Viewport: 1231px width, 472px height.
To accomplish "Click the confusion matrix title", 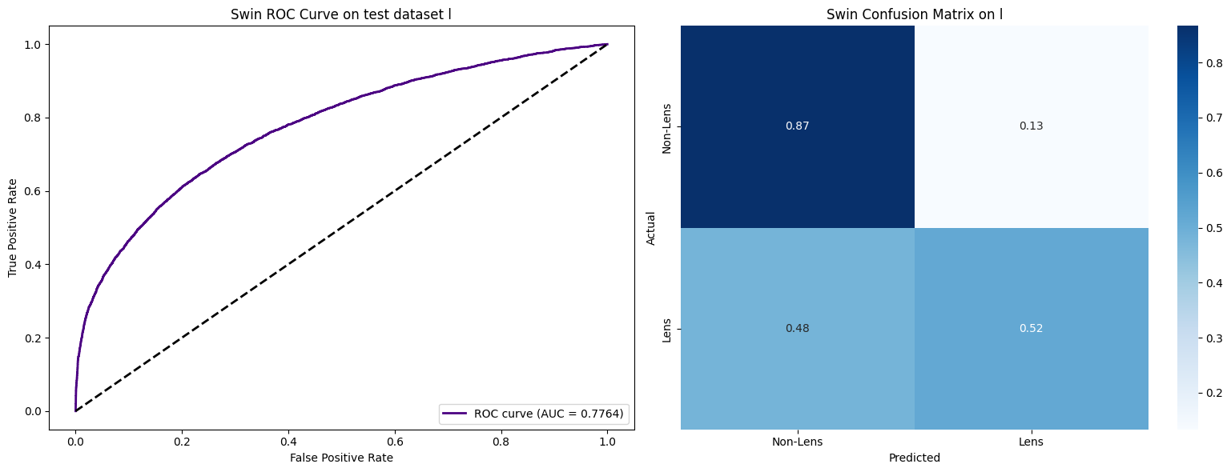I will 914,14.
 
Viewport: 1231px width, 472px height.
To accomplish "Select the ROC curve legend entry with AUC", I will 533,414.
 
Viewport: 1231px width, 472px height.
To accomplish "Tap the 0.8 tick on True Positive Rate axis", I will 36,118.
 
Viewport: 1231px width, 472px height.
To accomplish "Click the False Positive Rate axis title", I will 341,458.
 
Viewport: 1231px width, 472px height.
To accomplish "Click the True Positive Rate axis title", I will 13,227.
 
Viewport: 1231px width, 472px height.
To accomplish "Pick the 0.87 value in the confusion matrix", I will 798,126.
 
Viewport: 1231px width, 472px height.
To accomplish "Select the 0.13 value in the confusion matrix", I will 1032,126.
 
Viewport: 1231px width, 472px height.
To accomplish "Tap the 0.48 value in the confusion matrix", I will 798,329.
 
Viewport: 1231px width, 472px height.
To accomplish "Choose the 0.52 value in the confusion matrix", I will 1032,329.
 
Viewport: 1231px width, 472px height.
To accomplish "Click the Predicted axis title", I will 914,458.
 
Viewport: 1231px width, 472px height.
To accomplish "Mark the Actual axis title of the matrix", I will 650,227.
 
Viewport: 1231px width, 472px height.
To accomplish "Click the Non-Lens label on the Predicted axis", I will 798,442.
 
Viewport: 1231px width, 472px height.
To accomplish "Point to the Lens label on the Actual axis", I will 666,329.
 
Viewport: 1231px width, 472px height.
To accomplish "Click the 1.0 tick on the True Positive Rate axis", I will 36,44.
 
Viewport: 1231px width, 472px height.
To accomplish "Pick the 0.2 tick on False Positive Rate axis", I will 182,441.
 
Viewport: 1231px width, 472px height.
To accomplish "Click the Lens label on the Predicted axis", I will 1032,442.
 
